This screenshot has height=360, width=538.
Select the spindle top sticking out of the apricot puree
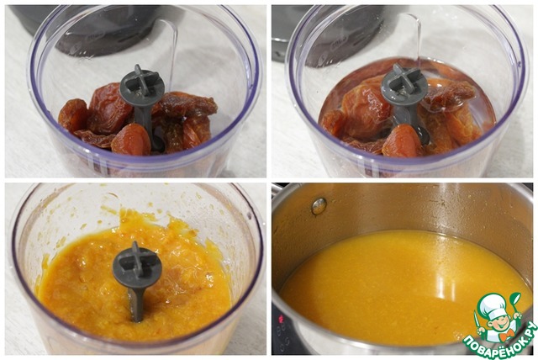(x=137, y=265)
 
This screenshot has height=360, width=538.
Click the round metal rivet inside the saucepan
(x=319, y=206)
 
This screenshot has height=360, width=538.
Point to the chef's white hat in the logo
(x=493, y=303)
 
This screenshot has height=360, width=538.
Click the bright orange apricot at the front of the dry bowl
(x=131, y=140)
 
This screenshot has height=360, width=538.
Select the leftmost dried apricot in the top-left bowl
(x=72, y=115)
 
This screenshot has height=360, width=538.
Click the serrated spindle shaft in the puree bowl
(x=136, y=304)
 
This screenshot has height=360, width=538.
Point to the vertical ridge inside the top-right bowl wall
(x=418, y=38)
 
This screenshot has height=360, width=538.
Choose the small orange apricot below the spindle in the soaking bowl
(x=402, y=141)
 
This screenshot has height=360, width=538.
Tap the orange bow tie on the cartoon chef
(x=505, y=334)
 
